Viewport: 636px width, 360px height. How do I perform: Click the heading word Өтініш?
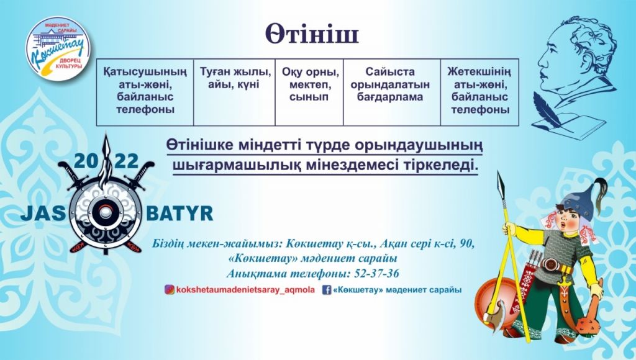coord(312,34)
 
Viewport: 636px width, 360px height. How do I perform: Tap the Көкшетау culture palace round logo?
coord(58,48)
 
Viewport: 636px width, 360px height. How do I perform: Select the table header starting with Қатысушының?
coord(145,91)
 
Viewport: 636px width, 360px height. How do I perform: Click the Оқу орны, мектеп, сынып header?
coord(310,84)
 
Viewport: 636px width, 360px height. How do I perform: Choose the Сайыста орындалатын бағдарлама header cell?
coord(390,84)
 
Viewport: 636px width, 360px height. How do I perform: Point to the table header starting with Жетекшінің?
coord(480,91)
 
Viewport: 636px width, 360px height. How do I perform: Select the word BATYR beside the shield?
coord(179,214)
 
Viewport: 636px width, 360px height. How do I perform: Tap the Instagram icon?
coord(169,289)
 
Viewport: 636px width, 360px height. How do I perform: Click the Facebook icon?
coord(327,290)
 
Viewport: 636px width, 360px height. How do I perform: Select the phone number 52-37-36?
coord(376,274)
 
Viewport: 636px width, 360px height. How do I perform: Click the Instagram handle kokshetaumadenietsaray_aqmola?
coord(245,290)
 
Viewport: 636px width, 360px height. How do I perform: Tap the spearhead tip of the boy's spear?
coord(499,173)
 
